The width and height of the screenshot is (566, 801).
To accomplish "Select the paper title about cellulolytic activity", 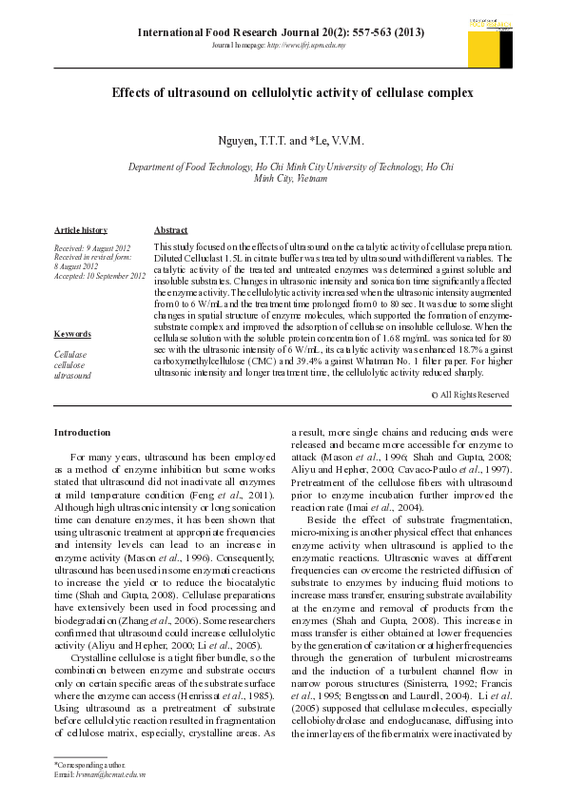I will click(x=292, y=93).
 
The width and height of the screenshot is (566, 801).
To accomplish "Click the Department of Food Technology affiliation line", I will click(x=291, y=166).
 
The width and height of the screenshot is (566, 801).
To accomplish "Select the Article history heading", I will click(x=81, y=230).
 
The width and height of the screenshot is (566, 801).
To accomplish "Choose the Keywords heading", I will click(x=72, y=334).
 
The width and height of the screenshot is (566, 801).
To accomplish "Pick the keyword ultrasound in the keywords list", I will click(x=72, y=376).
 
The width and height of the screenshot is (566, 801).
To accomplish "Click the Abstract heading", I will click(x=170, y=230).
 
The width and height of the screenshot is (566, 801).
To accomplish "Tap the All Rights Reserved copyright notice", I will click(x=469, y=394).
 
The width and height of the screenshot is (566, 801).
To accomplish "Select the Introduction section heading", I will click(x=82, y=433).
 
